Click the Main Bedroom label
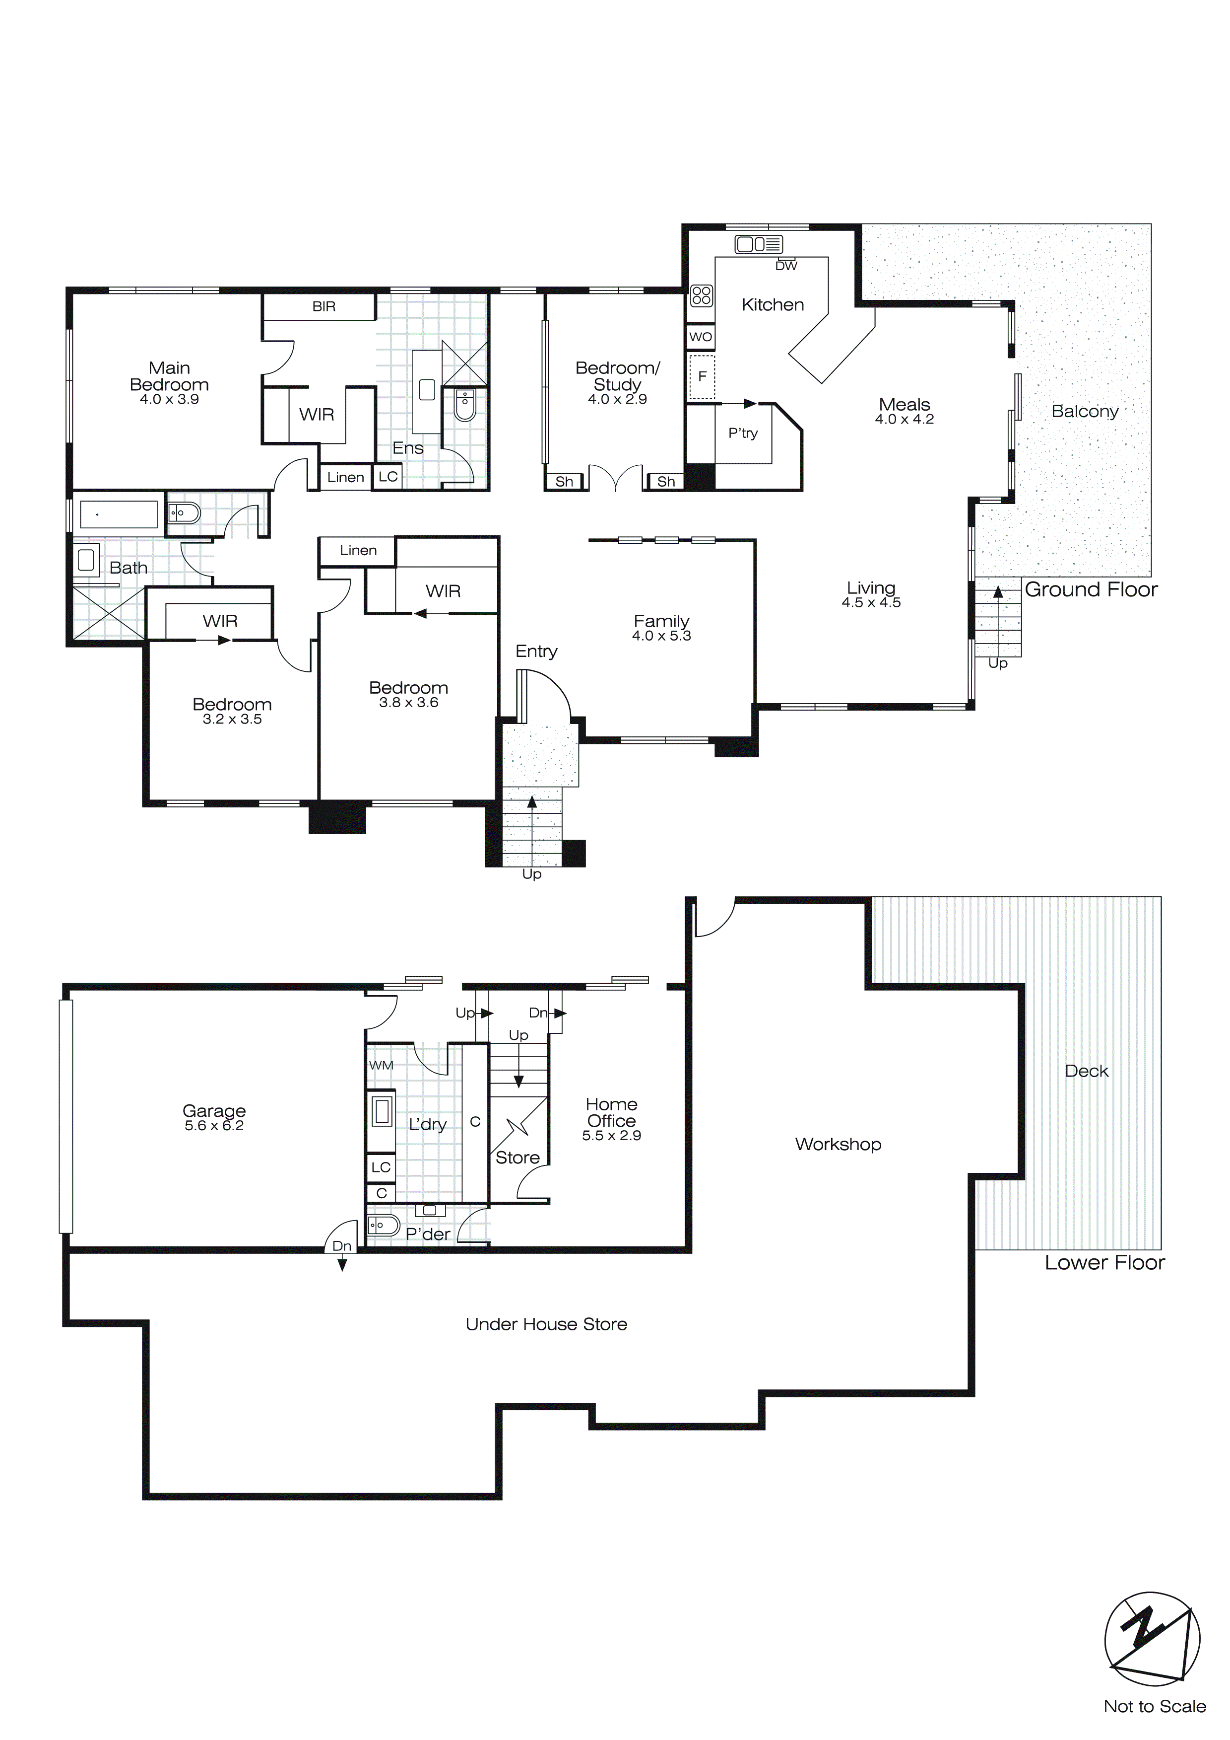point(169,376)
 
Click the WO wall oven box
point(701,337)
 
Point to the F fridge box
point(702,376)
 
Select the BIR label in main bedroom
point(324,306)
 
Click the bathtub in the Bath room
point(118,514)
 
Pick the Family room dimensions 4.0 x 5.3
point(661,636)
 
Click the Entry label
point(536,651)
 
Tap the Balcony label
point(1085,412)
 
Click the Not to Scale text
point(1154,1706)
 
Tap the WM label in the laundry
point(381,1065)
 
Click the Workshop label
point(838,1144)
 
